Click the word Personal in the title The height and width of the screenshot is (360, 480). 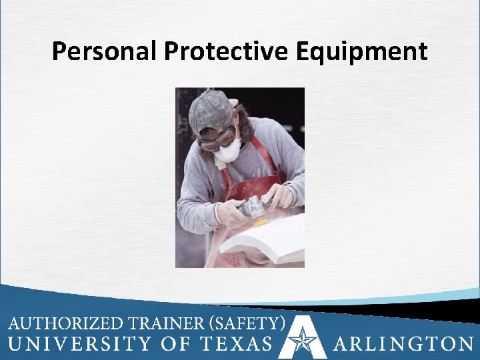104,51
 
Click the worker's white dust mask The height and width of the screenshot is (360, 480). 227,150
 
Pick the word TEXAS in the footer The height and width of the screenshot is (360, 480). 237,344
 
